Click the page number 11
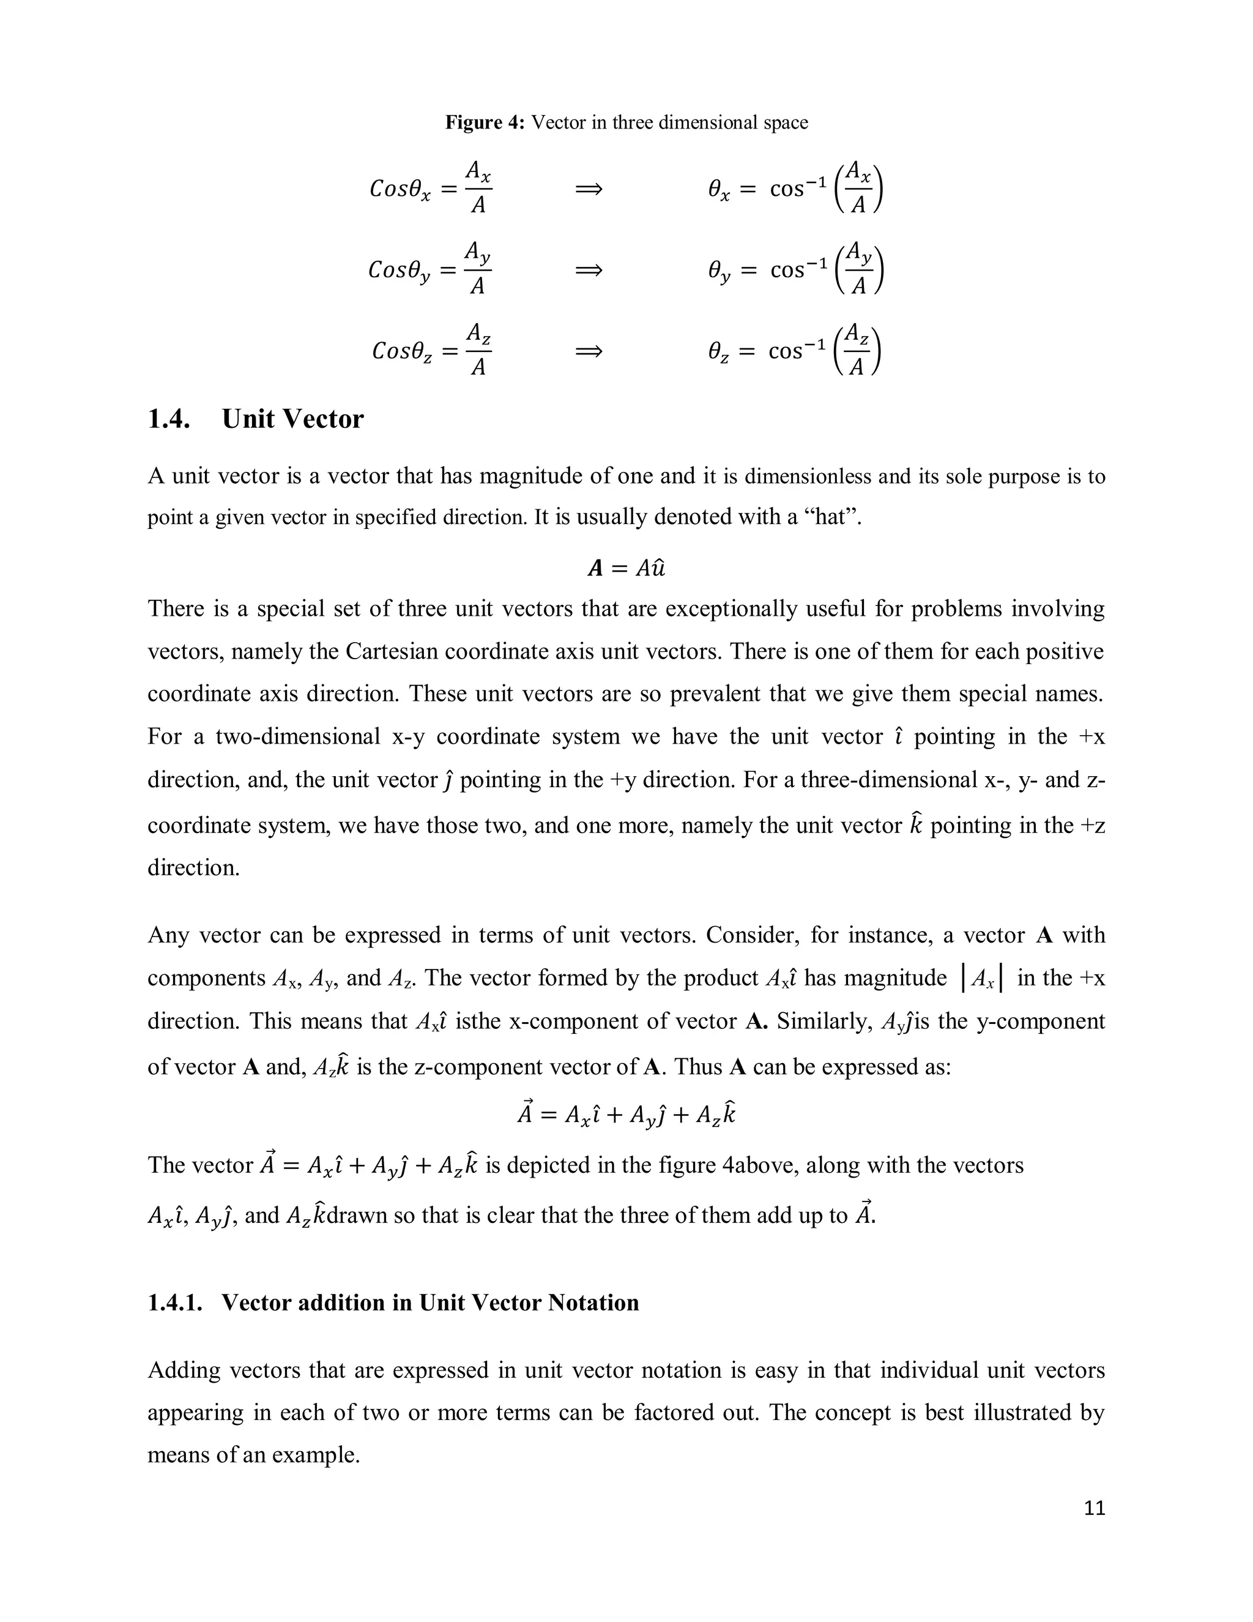click(1094, 1508)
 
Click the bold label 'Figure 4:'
click(485, 122)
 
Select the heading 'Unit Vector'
click(292, 419)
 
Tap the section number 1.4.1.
click(175, 1302)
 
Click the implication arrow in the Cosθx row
click(589, 189)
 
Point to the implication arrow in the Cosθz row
click(589, 351)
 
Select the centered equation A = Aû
click(626, 568)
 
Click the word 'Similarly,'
click(824, 1021)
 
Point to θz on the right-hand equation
click(718, 352)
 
